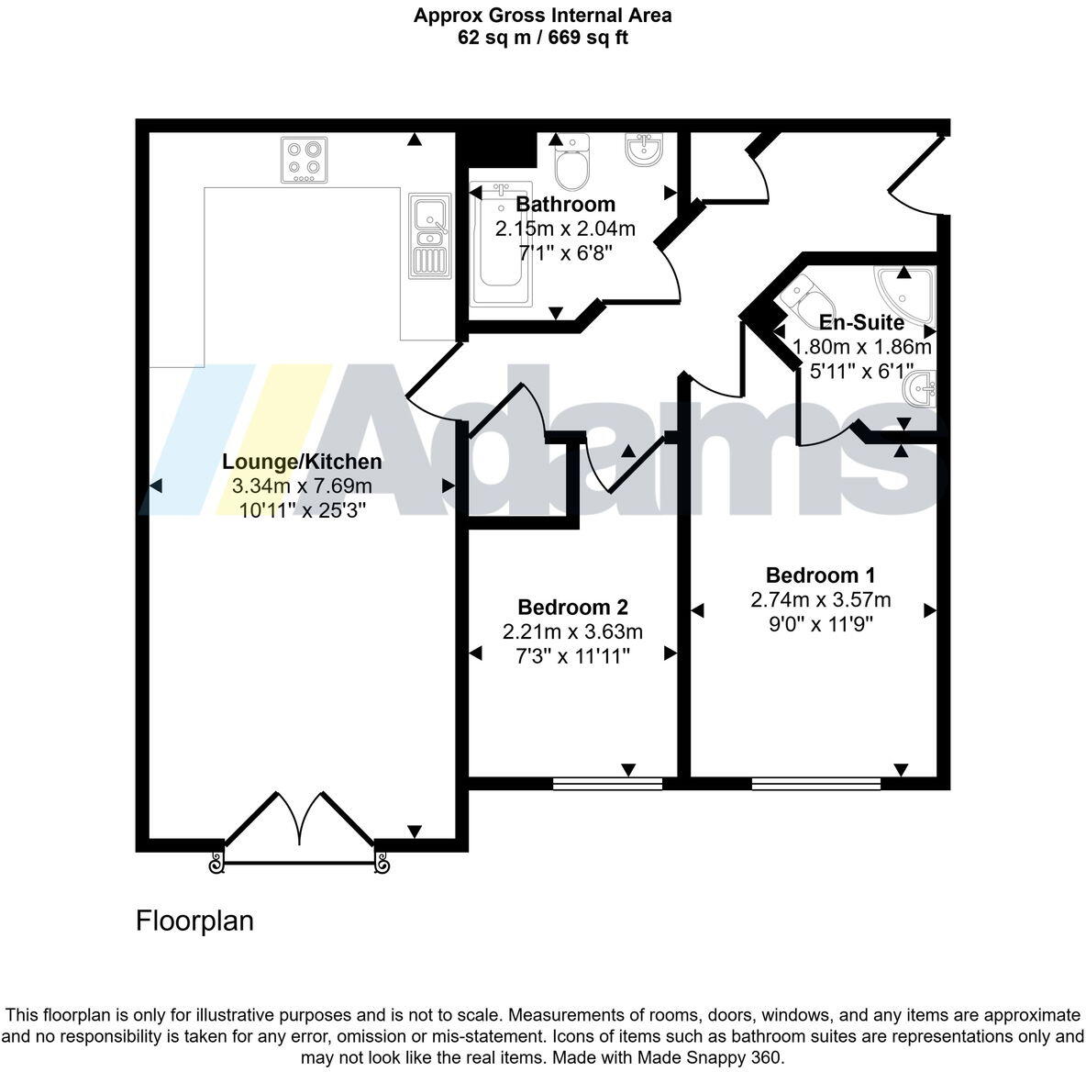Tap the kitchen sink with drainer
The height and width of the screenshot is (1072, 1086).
coord(429,236)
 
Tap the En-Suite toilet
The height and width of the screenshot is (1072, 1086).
coord(806,295)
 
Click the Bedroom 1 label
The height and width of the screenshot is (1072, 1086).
coord(820,575)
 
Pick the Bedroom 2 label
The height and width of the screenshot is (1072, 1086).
coord(572,608)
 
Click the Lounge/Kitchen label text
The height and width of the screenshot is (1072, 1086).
coord(303,462)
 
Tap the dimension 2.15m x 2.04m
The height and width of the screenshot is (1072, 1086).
coord(565,229)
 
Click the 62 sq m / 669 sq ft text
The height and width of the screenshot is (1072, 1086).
coord(543,38)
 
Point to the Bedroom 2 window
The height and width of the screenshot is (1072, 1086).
coord(607,784)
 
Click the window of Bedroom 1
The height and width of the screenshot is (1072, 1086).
coord(815,784)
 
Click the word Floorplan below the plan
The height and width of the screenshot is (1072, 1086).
coord(194,921)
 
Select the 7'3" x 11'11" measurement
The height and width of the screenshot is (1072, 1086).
coord(572,655)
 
